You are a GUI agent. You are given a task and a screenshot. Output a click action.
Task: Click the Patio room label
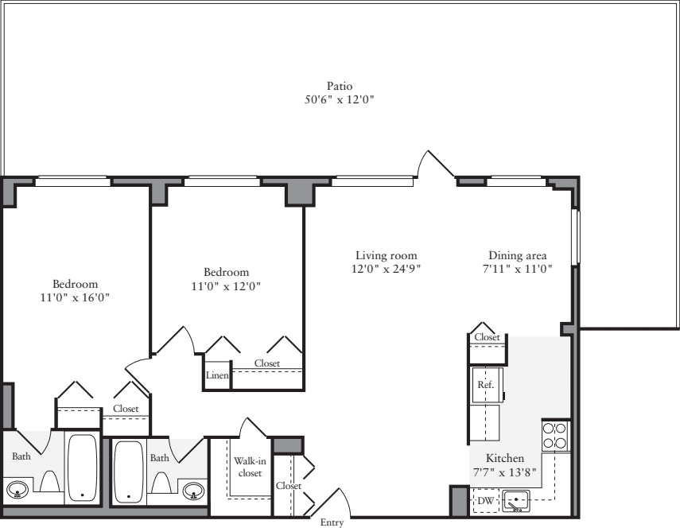(x=340, y=86)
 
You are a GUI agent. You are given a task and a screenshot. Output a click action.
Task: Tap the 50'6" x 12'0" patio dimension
(x=340, y=100)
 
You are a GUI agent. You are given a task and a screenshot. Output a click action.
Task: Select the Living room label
(x=387, y=255)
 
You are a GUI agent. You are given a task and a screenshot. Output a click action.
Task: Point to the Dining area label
(x=517, y=255)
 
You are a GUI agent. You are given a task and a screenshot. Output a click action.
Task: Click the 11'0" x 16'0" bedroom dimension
(x=76, y=297)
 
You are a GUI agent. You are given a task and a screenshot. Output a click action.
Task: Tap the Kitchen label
(x=505, y=459)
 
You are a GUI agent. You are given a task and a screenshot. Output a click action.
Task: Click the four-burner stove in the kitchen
(x=554, y=436)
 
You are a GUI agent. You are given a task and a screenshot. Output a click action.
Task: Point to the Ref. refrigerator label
(x=485, y=384)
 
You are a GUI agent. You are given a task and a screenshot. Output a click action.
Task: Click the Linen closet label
(x=217, y=375)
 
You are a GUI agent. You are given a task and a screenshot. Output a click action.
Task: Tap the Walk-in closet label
(x=249, y=467)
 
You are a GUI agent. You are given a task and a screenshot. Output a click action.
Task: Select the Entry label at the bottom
(x=332, y=522)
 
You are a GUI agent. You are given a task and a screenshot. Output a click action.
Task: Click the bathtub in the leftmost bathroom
(x=82, y=467)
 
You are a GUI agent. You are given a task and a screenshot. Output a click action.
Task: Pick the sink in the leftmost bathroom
(x=17, y=488)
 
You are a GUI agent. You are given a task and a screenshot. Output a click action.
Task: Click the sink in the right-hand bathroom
(x=192, y=490)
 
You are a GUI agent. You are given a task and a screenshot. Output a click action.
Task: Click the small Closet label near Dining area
(x=487, y=337)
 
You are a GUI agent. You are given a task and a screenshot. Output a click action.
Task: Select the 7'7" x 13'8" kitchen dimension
(x=505, y=472)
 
